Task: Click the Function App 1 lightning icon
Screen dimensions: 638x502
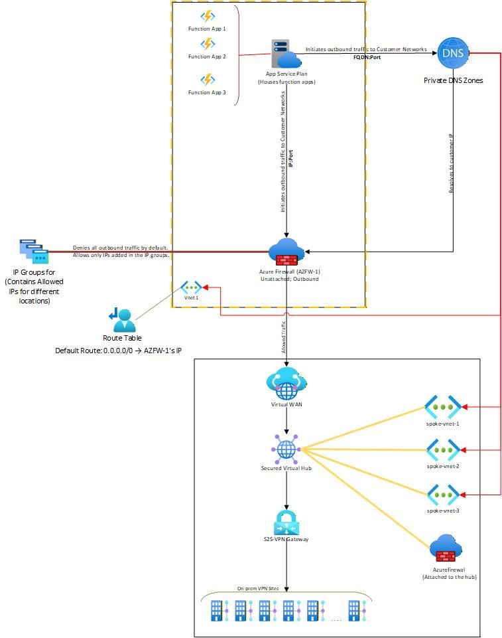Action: (x=208, y=15)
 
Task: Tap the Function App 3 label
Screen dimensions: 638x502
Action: (x=207, y=92)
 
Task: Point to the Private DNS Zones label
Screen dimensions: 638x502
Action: (x=453, y=80)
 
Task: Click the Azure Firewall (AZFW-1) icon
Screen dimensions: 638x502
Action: (x=286, y=252)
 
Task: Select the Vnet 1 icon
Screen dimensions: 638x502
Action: (x=192, y=287)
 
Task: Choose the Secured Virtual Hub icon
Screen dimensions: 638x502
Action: (x=286, y=449)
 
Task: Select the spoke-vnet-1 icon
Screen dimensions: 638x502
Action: (x=443, y=407)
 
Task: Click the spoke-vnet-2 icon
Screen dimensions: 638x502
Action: (x=443, y=450)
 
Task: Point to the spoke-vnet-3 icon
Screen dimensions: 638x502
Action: (x=443, y=494)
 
